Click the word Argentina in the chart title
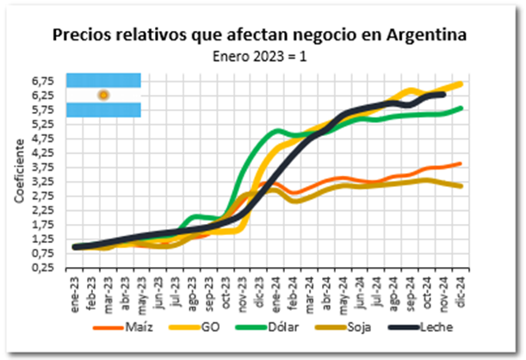pos(426,35)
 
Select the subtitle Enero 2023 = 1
pos(260,56)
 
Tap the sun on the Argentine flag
pos(103,95)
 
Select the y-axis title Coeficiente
pos(20,171)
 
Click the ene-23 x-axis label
pos(75,295)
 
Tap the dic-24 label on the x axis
pos(461,292)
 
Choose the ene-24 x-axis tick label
pos(276,295)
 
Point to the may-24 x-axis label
pos(343,295)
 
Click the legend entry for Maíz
pos(123,326)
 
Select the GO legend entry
pos(195,326)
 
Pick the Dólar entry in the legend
pos(267,326)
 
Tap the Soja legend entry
pos(343,326)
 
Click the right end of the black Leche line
pos(444,96)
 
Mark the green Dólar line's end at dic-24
pos(461,109)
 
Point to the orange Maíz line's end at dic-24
pos(461,164)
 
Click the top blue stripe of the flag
pos(103,80)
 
